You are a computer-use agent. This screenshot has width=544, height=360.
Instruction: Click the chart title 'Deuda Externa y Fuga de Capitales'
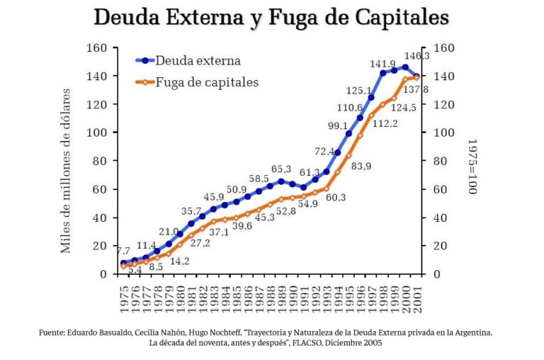271,18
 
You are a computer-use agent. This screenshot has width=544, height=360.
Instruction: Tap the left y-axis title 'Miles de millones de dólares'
66,170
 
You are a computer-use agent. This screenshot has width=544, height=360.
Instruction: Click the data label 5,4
134,270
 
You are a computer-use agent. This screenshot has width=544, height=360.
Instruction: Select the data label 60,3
335,197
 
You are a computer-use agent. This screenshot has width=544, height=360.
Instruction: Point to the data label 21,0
168,232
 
